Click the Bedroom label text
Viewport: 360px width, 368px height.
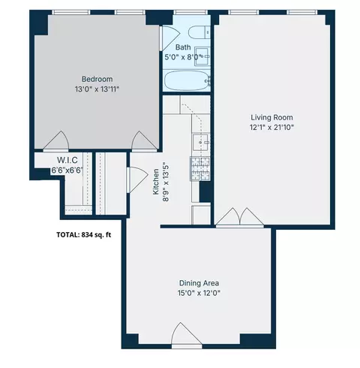pos(97,79)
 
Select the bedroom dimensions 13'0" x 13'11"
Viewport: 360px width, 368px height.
pos(97,89)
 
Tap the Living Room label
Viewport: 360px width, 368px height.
pos(271,117)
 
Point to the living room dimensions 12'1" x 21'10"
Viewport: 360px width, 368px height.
pos(271,127)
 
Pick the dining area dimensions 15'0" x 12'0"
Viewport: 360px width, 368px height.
pos(198,293)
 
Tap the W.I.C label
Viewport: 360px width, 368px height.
pos(67,160)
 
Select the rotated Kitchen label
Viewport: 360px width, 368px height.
pos(157,182)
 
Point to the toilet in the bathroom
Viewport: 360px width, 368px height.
pos(199,33)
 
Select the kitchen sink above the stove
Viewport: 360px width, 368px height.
pos(201,141)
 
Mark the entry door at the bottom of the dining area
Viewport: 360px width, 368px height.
pos(186,336)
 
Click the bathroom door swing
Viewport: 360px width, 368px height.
pos(169,36)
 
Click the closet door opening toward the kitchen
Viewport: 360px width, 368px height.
pos(136,179)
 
